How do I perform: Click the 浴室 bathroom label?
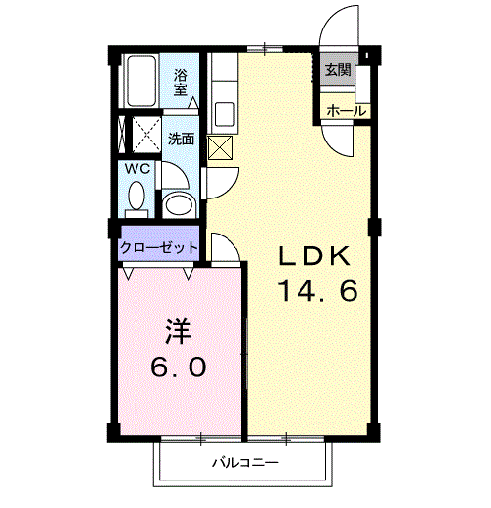[x=181, y=81]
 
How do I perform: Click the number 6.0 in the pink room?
[x=178, y=368]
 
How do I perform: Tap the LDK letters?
[x=313, y=256]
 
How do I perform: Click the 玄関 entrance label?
[x=338, y=70]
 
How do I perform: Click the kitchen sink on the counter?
[x=222, y=111]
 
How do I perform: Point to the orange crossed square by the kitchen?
[x=220, y=147]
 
